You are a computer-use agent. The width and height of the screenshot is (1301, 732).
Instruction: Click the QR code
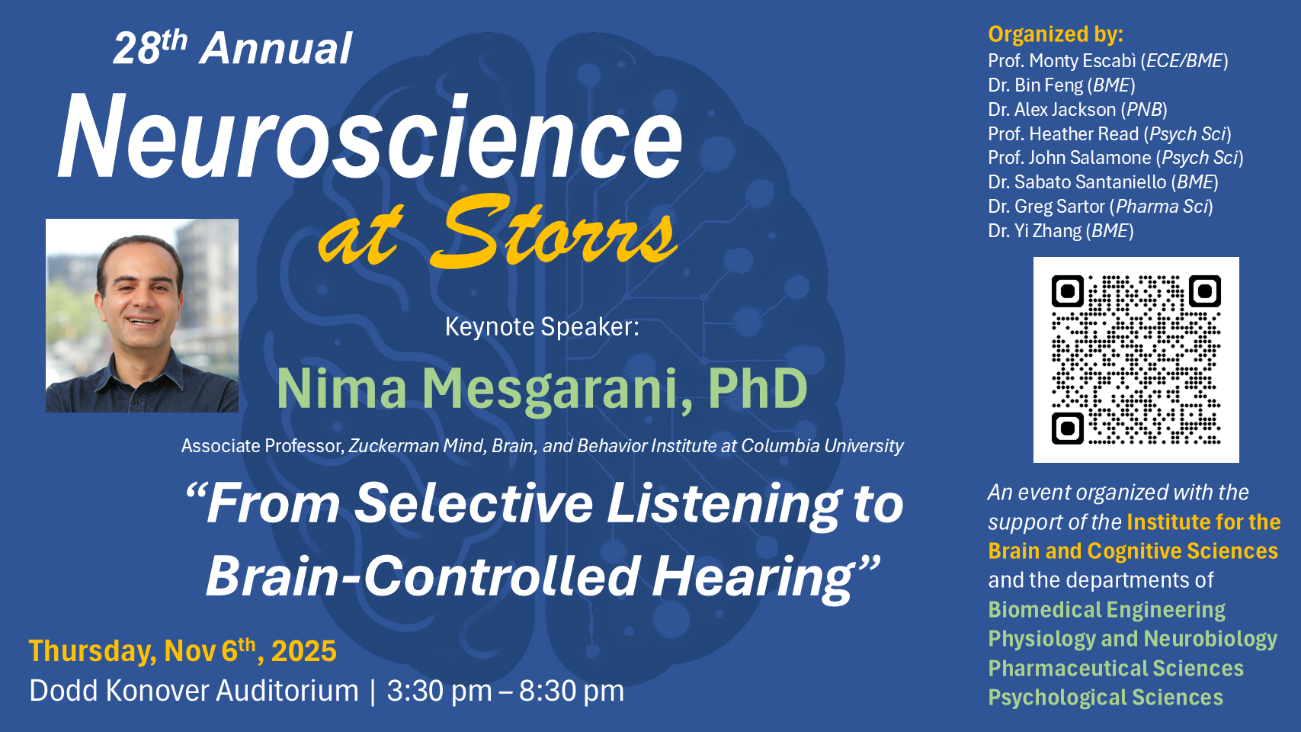click(1136, 360)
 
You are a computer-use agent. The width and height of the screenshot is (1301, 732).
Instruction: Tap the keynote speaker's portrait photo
click(143, 316)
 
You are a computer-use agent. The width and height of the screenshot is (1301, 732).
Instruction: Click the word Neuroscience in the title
click(370, 137)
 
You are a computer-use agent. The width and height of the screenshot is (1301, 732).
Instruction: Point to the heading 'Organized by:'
click(1056, 34)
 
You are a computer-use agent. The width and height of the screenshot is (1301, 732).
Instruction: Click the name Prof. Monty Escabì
click(1062, 60)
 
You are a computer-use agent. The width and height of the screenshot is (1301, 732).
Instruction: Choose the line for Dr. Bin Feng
click(1062, 85)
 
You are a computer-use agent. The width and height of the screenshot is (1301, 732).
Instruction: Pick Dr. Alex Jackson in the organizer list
click(1078, 110)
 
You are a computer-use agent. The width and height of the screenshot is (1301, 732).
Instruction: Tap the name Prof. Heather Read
click(1063, 134)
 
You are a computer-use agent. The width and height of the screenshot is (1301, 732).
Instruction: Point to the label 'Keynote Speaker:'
click(542, 326)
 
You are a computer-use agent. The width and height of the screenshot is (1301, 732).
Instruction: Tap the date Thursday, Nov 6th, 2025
click(182, 650)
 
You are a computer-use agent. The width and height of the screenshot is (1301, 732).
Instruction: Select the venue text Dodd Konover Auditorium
click(194, 691)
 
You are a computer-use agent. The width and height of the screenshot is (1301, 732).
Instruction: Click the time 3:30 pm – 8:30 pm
click(505, 691)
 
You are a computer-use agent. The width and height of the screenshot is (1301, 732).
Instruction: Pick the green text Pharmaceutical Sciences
click(1116, 668)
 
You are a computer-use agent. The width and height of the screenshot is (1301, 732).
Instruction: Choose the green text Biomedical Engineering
click(1107, 610)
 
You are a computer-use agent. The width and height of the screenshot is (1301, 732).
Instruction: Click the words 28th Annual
click(233, 47)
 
